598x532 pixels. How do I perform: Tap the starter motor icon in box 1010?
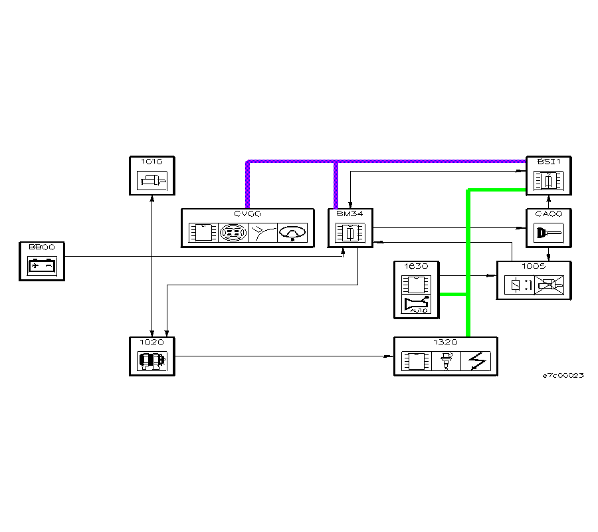[x=153, y=180]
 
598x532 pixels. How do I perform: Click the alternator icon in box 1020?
[x=152, y=361]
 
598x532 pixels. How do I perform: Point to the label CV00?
[x=248, y=213]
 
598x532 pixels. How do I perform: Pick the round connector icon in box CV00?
[x=233, y=233]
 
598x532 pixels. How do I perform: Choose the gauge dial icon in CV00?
[x=292, y=233]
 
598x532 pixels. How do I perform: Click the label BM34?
[x=346, y=213]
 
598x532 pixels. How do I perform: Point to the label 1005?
[x=534, y=266]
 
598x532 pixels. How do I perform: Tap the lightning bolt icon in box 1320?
[x=476, y=362]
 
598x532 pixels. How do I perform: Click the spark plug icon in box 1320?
[x=446, y=362]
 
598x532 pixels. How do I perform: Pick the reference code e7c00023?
[x=563, y=376]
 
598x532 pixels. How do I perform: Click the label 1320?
[x=445, y=341]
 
